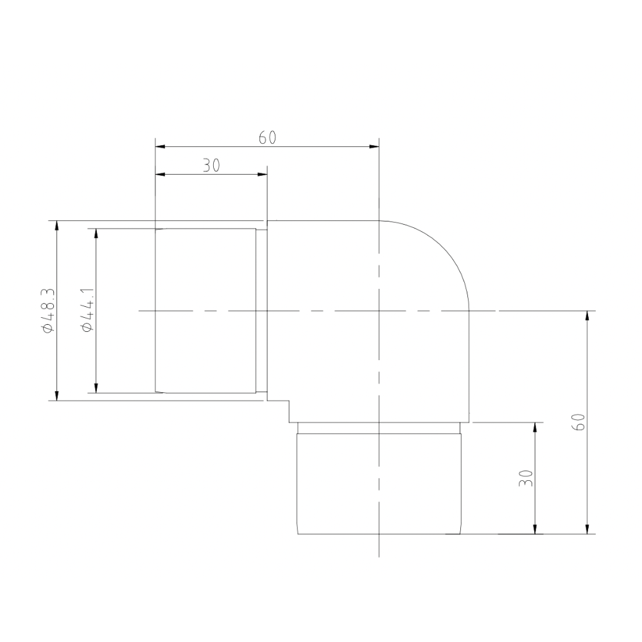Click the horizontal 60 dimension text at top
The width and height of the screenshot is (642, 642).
(x=267, y=138)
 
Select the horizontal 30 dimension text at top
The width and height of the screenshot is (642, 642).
(x=211, y=166)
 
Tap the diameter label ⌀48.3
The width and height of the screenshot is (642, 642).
(x=48, y=311)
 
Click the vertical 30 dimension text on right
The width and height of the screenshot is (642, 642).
(x=526, y=478)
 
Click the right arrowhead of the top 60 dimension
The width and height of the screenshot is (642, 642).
(x=374, y=147)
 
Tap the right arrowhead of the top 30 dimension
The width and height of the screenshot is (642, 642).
(x=262, y=174)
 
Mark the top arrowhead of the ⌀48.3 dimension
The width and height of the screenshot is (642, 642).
(x=57, y=225)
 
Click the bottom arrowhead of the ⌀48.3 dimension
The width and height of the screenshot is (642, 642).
(x=57, y=395)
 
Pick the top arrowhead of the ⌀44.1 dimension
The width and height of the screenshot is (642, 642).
(x=96, y=233)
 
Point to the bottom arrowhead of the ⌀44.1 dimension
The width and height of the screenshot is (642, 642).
(x=96, y=388)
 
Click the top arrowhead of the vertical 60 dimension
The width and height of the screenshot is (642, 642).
(x=587, y=316)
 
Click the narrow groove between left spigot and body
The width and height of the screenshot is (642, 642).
(x=261, y=311)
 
